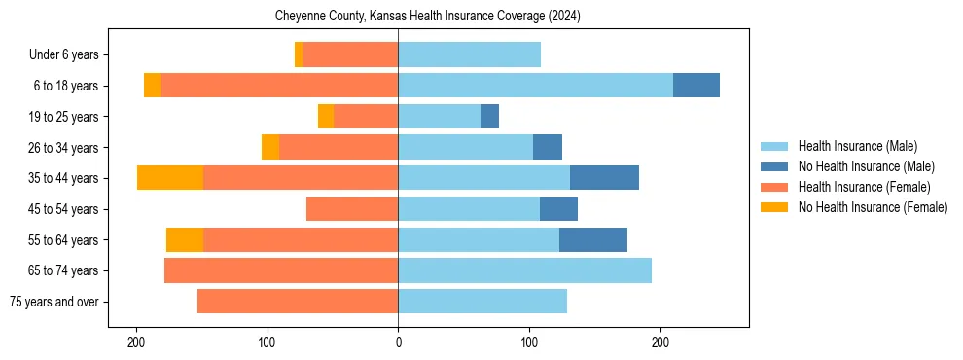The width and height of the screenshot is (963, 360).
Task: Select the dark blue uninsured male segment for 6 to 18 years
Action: coord(696,86)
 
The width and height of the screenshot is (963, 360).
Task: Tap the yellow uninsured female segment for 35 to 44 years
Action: coord(170,178)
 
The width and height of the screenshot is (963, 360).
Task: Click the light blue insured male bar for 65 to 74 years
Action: coord(524,270)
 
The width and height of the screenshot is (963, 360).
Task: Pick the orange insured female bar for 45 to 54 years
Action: coord(352,209)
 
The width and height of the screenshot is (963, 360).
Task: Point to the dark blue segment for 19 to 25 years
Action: coord(489,117)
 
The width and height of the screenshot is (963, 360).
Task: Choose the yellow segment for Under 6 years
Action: coord(299,54)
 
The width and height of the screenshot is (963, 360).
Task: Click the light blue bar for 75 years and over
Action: coord(482,302)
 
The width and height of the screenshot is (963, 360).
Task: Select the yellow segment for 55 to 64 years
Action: coord(185,240)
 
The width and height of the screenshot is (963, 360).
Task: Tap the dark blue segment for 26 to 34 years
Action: coord(548,147)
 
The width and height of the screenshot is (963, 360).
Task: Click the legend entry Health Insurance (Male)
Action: coord(857,146)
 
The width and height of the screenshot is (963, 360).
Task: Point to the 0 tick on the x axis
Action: coord(398,342)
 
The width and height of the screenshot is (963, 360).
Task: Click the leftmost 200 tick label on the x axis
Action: coord(136,342)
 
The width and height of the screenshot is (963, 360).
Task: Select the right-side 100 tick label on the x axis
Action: coord(529,342)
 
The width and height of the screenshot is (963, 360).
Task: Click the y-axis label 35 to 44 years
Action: coord(63,178)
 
